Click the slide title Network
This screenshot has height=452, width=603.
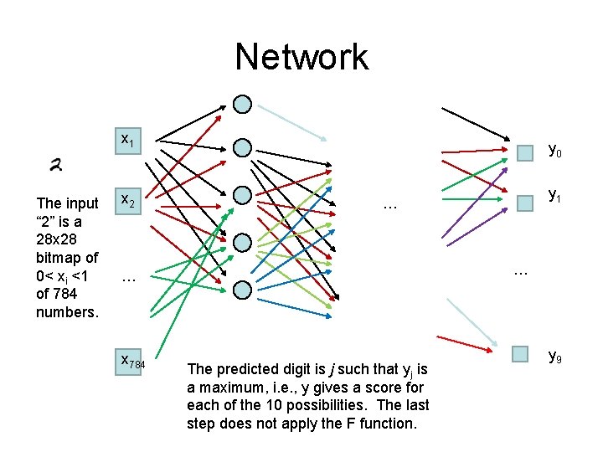[301, 57]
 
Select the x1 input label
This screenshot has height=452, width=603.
[127, 140]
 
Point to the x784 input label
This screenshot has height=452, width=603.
[132, 362]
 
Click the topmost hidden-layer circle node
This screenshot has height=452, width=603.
[242, 105]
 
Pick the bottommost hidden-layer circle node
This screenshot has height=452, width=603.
[242, 290]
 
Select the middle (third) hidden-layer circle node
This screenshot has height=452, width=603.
[242, 194]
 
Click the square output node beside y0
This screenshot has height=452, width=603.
[524, 153]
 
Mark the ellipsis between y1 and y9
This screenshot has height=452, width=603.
[520, 270]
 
